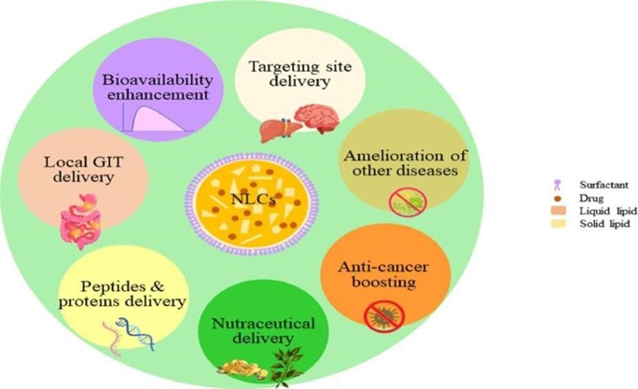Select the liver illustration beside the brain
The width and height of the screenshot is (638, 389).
click(x=270, y=130)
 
